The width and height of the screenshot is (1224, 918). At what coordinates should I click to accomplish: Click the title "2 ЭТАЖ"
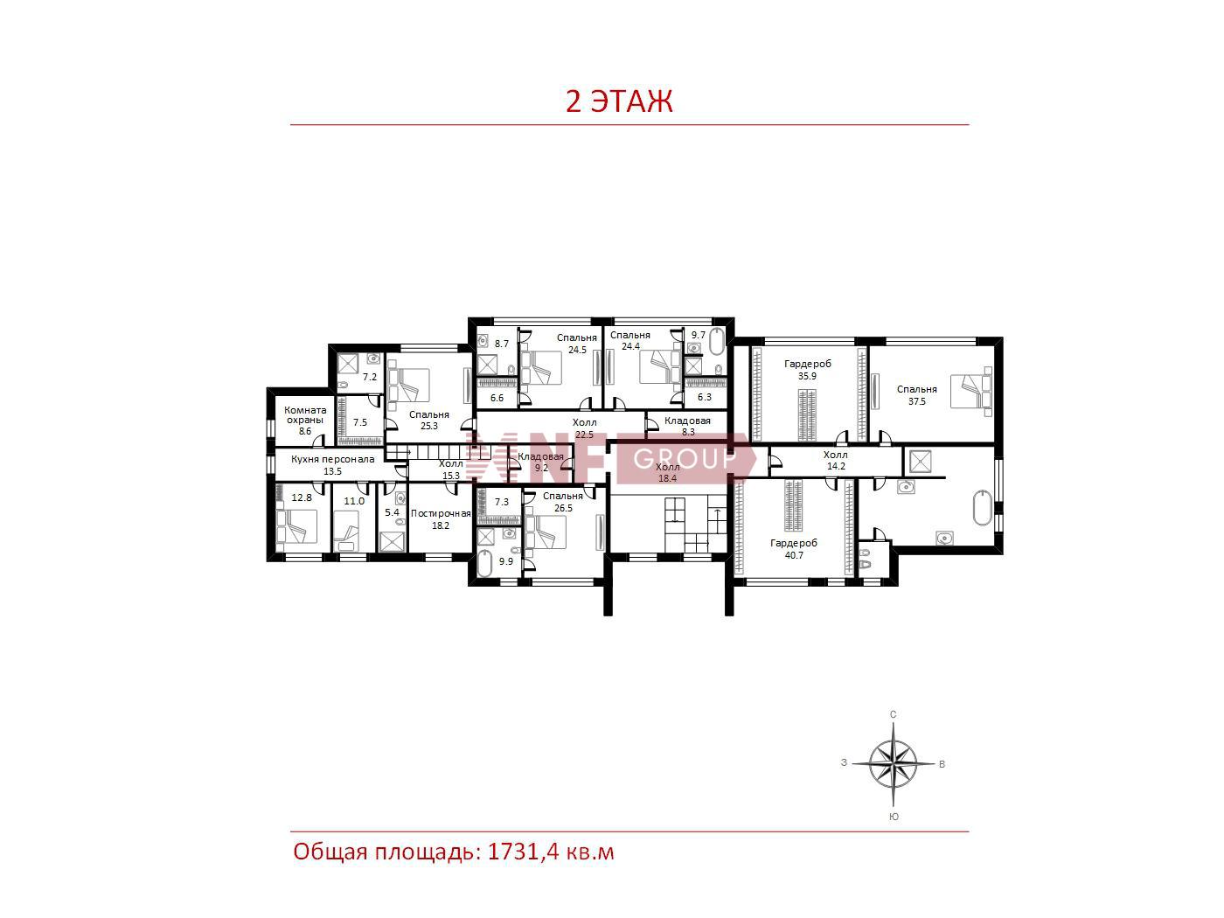click(619, 101)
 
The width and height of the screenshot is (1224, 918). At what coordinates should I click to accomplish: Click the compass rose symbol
click(894, 763)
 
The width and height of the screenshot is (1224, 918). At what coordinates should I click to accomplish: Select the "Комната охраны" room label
click(305, 414)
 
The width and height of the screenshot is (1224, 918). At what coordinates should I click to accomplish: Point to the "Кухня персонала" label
click(333, 459)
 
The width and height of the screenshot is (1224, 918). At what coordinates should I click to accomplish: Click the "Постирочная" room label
click(441, 513)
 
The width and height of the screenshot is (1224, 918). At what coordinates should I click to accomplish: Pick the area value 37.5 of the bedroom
click(917, 401)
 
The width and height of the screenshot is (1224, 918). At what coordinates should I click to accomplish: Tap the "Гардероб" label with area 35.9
click(808, 364)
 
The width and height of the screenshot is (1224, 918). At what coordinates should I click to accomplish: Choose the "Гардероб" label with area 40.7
click(794, 543)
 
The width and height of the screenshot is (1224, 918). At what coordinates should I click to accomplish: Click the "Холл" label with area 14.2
click(835, 455)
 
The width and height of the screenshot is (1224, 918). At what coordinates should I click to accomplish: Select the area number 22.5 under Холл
click(584, 435)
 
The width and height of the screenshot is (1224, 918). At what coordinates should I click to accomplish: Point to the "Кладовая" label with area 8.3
click(687, 421)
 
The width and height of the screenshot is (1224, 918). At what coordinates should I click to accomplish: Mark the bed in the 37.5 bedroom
click(971, 392)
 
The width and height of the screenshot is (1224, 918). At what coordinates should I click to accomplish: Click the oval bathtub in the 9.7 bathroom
click(717, 342)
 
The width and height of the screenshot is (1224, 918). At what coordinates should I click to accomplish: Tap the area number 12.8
click(302, 497)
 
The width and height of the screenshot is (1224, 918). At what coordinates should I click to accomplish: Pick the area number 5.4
click(392, 512)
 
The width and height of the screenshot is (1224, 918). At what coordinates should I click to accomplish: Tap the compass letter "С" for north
click(893, 714)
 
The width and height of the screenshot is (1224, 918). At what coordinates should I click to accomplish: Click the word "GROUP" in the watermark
click(685, 459)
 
